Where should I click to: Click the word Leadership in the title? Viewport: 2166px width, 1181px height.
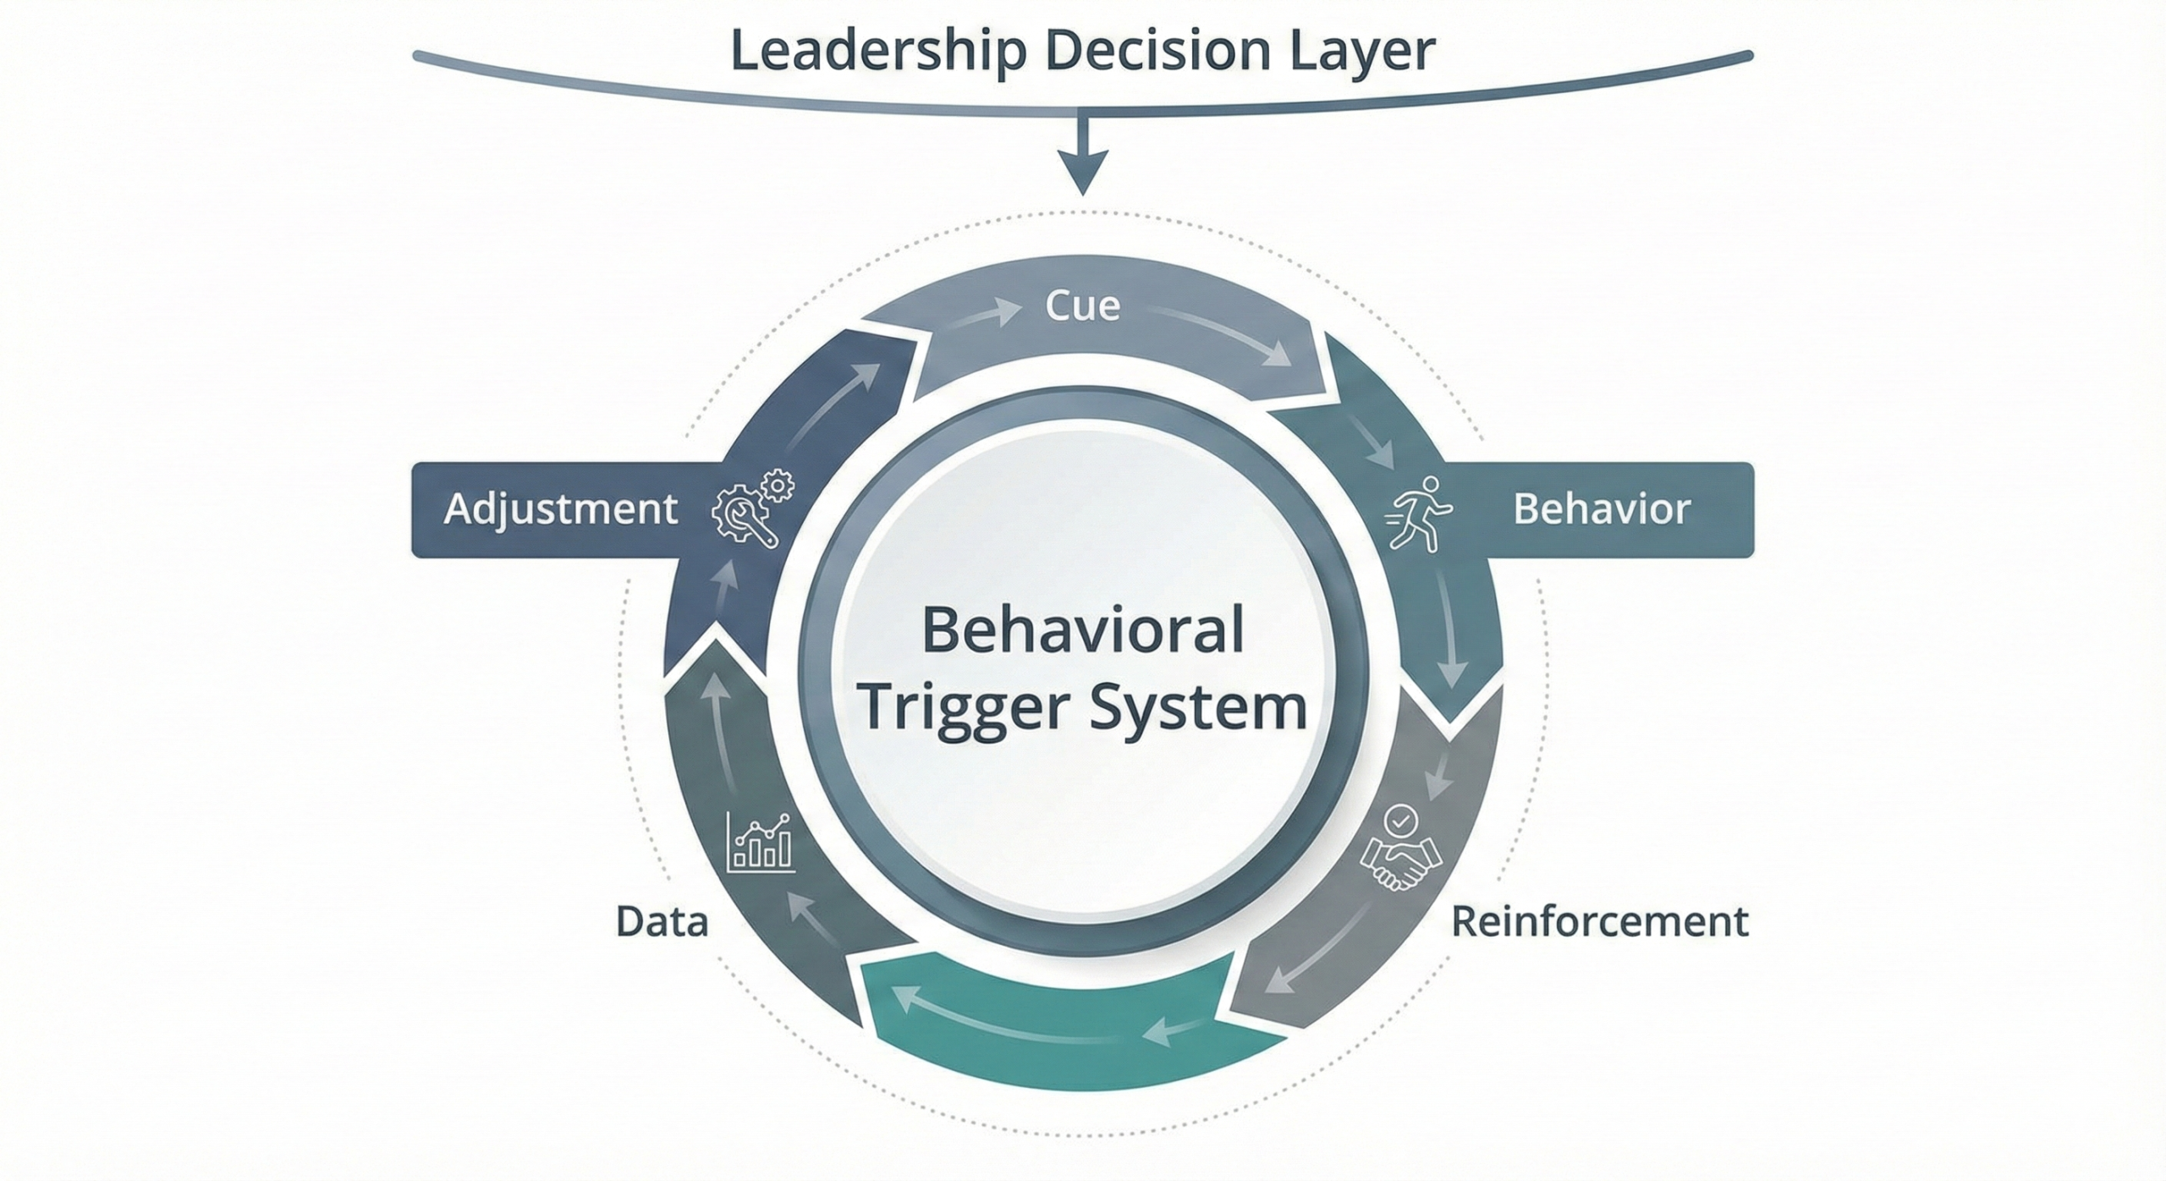879,51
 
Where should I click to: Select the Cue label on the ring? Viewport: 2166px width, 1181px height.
1082,306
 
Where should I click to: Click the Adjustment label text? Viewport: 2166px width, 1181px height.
560,509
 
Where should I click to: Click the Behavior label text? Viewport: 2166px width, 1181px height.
1601,509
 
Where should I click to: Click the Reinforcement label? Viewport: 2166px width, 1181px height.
1599,922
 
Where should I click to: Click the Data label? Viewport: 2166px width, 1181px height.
662,922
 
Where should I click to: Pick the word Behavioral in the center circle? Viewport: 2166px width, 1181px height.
1082,630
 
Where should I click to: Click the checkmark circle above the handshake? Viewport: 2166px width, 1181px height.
1400,820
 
